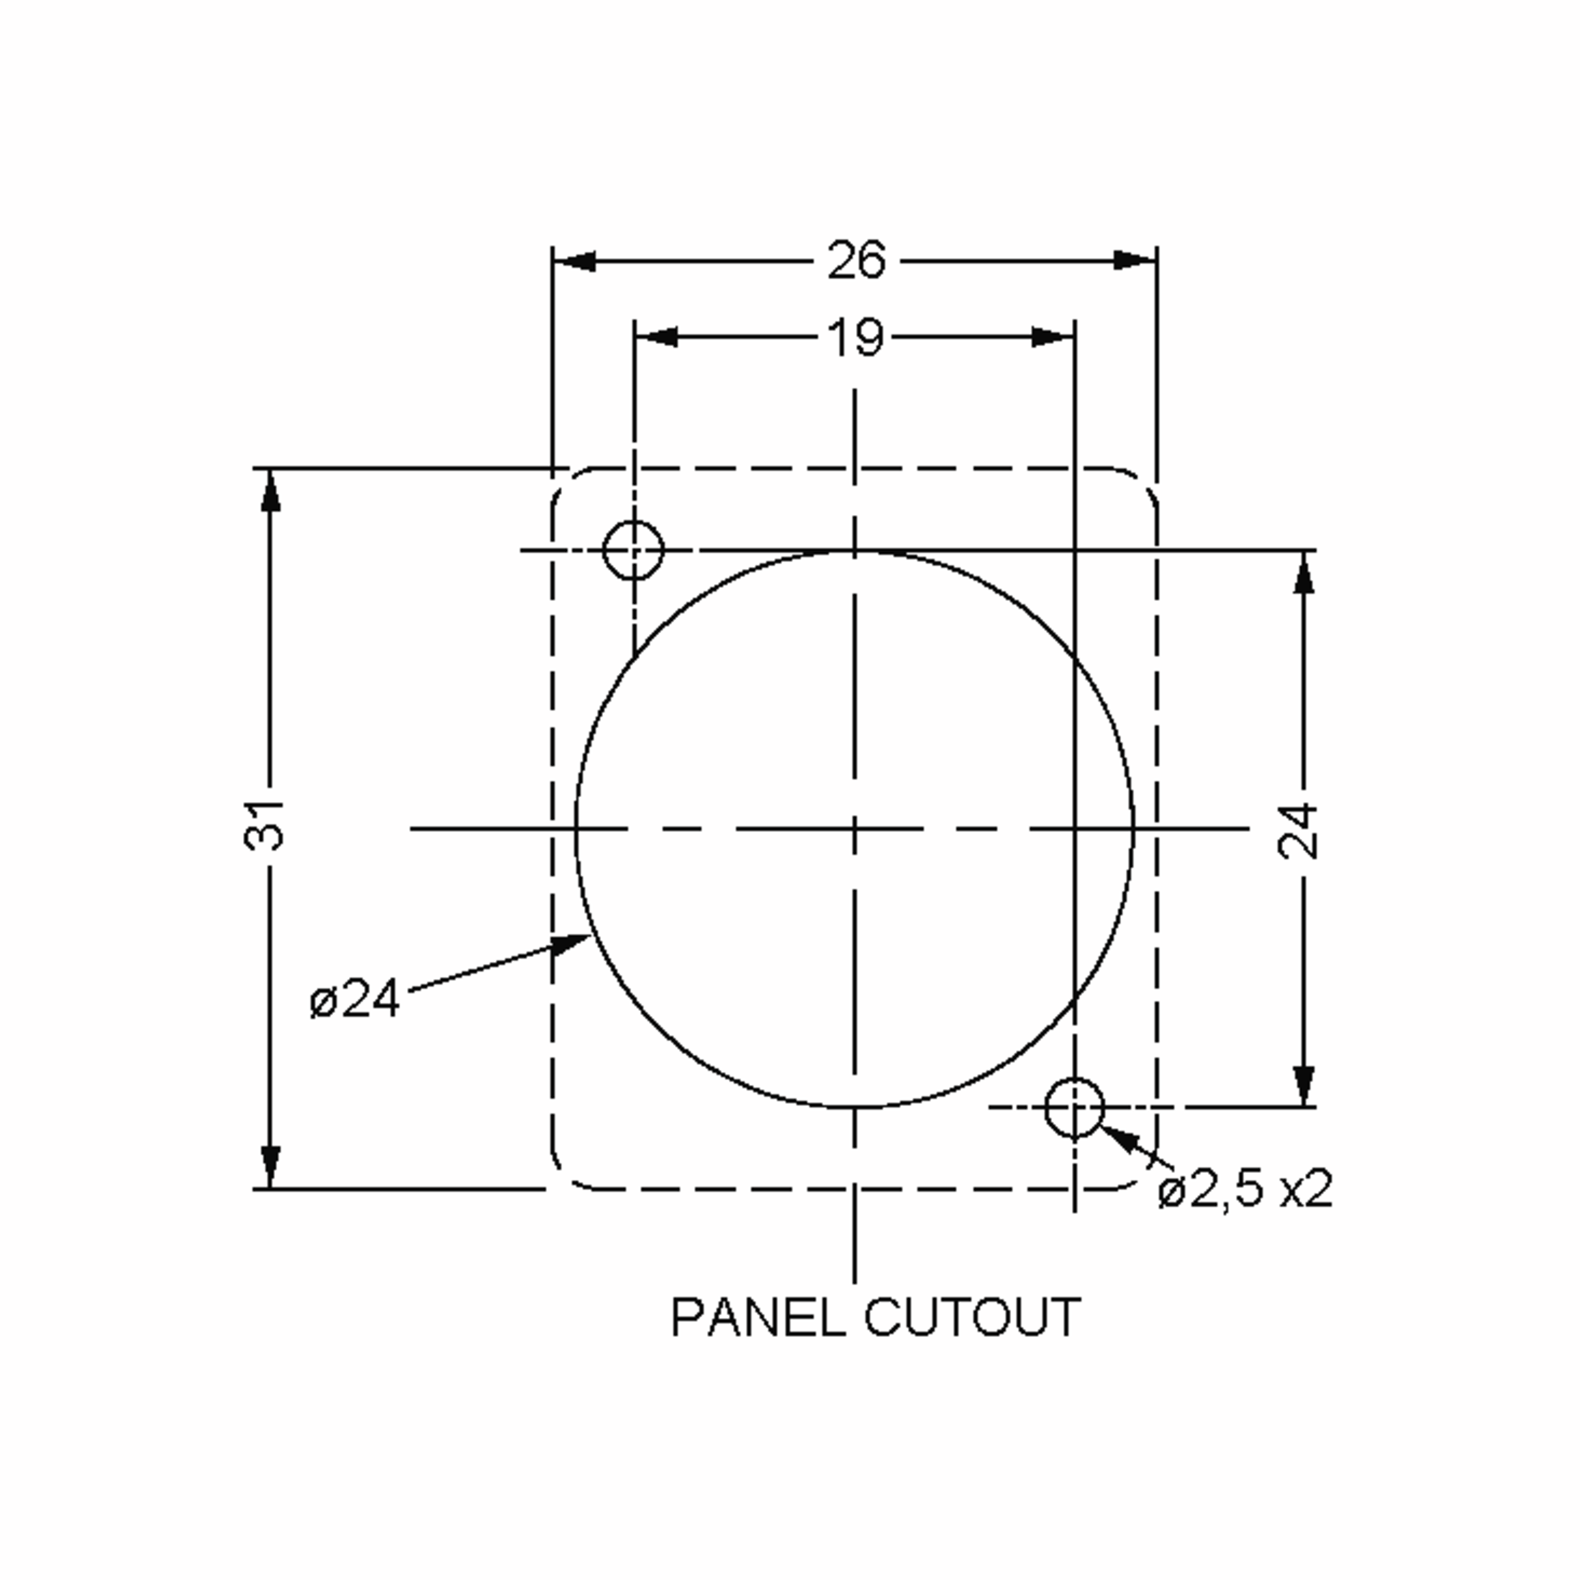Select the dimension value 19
855,337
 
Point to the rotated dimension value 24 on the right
1299,831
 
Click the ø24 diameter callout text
355,999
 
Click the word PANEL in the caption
757,1317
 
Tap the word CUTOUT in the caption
972,1317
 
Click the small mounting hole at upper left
633,550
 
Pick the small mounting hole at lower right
1074,1107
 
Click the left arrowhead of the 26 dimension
574,262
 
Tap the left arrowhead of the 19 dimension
657,337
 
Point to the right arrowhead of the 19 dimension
1053,337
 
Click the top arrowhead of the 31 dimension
271,490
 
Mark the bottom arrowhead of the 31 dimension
271,1166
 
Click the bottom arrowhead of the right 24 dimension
1304,1085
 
